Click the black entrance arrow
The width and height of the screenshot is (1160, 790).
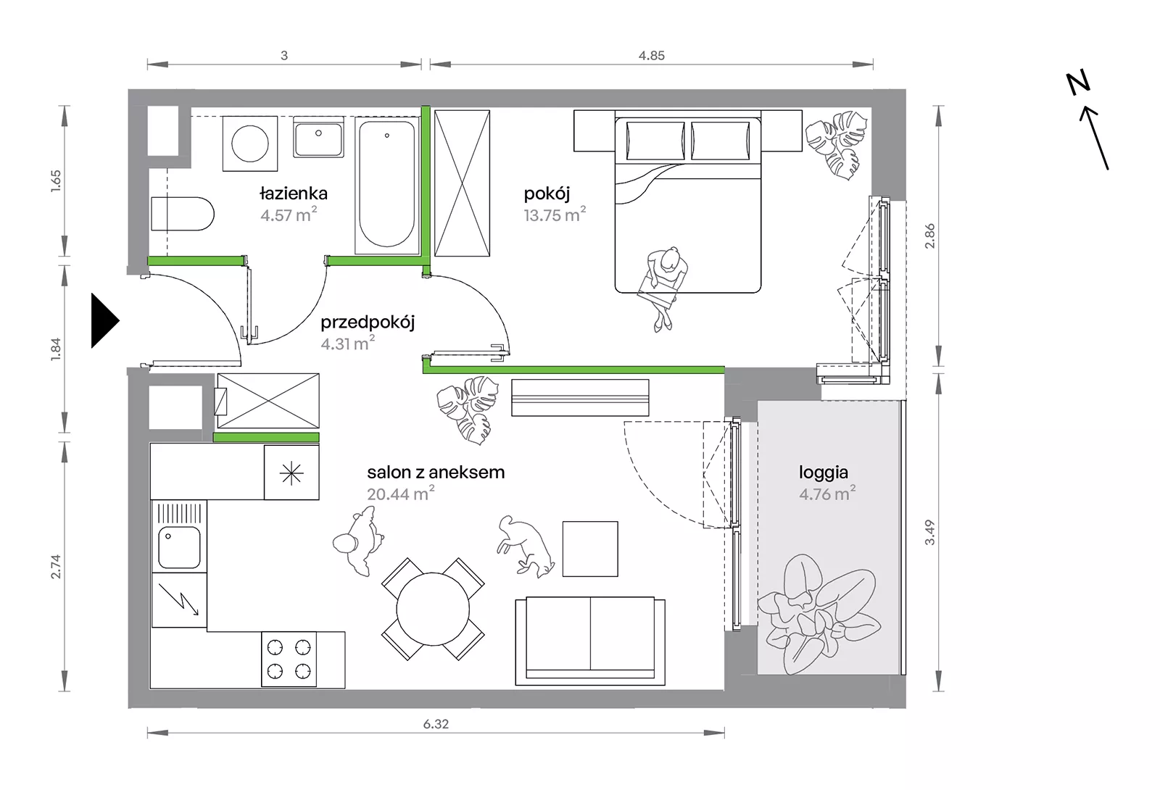point(105,321)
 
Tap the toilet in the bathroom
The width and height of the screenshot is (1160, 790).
point(182,213)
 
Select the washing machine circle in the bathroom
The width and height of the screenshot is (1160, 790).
point(250,144)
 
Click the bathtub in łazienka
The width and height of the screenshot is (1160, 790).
point(387,185)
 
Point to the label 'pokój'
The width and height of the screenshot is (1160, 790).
point(547,194)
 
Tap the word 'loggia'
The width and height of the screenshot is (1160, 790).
point(824,473)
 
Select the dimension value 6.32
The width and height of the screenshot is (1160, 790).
point(436,724)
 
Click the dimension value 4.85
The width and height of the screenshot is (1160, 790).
point(652,55)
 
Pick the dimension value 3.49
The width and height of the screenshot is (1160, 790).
point(930,532)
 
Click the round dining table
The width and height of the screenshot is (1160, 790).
point(433,609)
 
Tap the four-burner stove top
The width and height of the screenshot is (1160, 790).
point(289,659)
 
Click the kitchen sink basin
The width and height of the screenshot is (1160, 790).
point(179,548)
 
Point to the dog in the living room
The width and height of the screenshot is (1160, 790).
point(525,546)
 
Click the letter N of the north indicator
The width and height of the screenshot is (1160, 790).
point(1077,84)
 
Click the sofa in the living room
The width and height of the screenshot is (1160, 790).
point(590,641)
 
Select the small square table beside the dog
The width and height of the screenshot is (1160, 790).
point(590,549)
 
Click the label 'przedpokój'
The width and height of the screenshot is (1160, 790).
point(368,323)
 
